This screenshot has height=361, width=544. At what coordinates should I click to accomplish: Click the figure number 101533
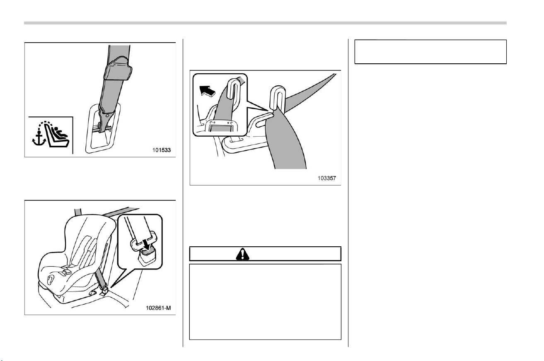162,150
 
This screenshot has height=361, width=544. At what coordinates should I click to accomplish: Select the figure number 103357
327,178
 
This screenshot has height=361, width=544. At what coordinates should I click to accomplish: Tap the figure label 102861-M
158,308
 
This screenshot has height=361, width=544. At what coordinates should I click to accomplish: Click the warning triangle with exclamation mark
242,254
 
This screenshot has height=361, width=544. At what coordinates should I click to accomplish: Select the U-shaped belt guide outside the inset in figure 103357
278,97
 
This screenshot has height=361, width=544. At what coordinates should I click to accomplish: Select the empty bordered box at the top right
430,52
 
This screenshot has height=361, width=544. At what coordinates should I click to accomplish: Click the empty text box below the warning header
265,302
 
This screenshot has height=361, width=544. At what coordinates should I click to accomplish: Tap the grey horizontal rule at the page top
265,23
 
